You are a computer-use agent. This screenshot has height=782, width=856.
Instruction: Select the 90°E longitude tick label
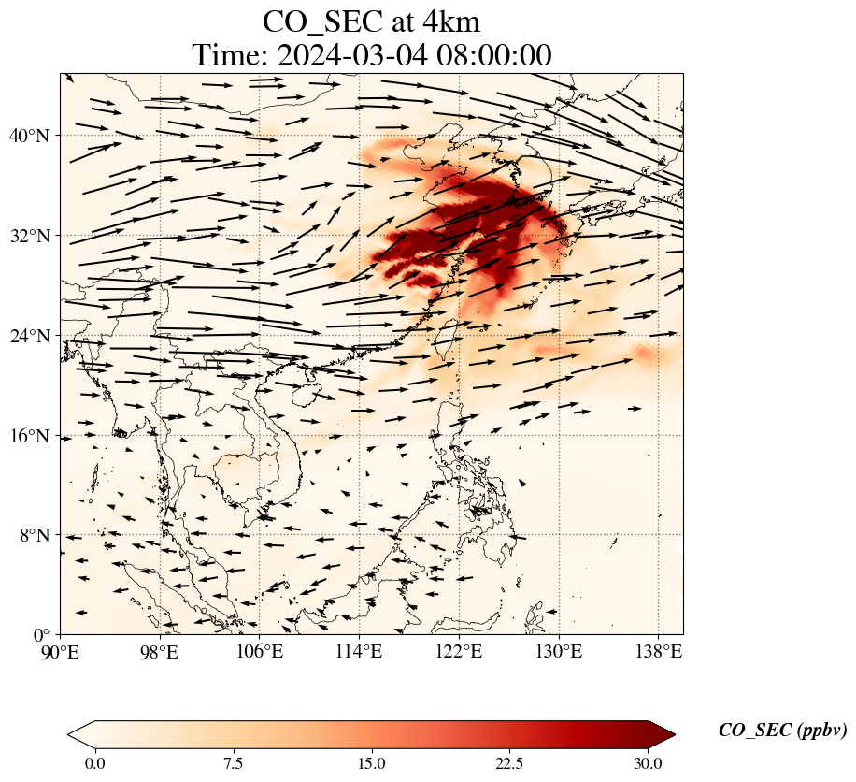tap(61, 653)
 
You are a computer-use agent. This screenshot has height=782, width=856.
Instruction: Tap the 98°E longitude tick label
tap(160, 653)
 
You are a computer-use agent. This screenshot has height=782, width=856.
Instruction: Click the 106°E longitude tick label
tap(260, 653)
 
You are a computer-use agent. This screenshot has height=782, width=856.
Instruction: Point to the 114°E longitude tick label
tap(360, 653)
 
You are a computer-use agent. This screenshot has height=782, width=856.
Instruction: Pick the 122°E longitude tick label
tap(459, 653)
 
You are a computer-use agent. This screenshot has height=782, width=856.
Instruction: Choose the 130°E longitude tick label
tap(559, 653)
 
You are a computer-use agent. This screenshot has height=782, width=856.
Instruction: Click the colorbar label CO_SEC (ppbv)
tap(782, 731)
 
